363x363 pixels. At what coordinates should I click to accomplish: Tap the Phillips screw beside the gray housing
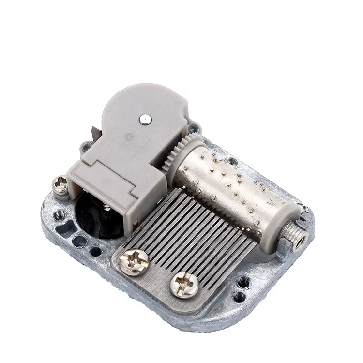61,184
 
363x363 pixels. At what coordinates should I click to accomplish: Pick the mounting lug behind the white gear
194,129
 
